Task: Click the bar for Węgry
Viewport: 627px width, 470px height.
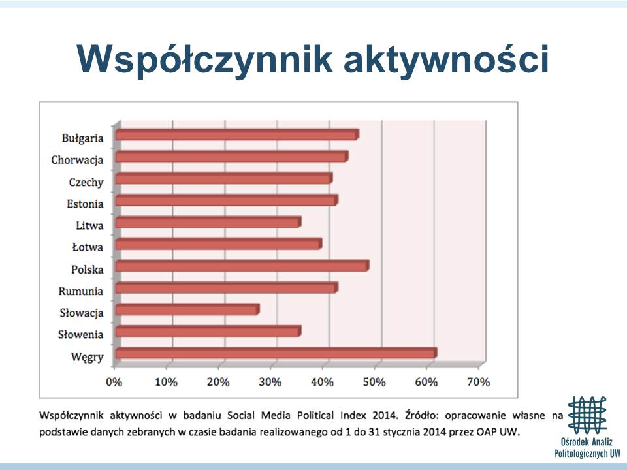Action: coord(276,353)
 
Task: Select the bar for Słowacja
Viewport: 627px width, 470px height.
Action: coord(187,309)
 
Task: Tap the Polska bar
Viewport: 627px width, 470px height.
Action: coord(242,266)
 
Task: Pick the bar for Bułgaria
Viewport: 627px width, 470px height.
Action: coord(236,134)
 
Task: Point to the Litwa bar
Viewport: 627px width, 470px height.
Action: coord(208,222)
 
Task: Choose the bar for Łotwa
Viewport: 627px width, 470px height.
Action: coord(218,243)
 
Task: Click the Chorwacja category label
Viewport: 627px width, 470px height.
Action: coord(77,160)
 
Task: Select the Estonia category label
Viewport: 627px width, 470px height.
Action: coord(85,204)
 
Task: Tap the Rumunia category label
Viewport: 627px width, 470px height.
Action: coord(81,291)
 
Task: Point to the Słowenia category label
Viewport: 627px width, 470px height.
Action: coord(81,334)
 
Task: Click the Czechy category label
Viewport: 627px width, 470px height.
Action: coord(86,182)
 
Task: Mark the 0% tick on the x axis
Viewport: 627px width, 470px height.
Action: coord(114,382)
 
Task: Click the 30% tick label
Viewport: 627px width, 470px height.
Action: coord(270,382)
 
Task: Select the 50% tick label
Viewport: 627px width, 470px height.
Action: coord(374,382)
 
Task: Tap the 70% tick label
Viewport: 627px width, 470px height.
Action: coord(478,382)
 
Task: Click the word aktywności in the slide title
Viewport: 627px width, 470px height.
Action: coord(446,60)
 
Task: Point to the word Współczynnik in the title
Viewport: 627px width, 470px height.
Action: coord(204,60)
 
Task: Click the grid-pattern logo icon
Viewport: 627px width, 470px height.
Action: coord(587,415)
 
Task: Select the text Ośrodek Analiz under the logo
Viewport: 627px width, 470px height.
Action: coord(587,442)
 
